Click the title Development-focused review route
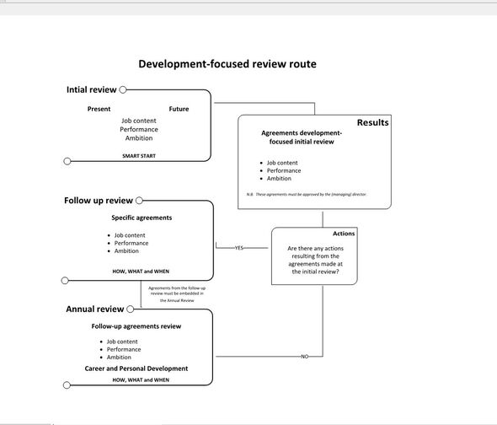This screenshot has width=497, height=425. [x=227, y=64]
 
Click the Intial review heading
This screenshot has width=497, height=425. [x=91, y=89]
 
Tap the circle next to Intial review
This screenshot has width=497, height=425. [x=123, y=89]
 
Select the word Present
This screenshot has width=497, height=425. [x=99, y=109]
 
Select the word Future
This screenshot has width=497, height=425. [x=179, y=109]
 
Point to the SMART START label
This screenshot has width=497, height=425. [x=139, y=156]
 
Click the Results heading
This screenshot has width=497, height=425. [x=372, y=122]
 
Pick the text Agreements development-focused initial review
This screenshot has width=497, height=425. [x=302, y=137]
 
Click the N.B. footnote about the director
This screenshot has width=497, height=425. [x=306, y=194]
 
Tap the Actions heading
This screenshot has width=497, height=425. [x=344, y=234]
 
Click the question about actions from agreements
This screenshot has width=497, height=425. [x=315, y=260]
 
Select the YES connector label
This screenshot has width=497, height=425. [x=239, y=248]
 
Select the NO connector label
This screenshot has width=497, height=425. [x=305, y=357]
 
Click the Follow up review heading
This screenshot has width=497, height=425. [x=99, y=201]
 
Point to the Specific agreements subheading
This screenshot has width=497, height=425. [x=142, y=218]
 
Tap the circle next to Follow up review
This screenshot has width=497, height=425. [x=139, y=201]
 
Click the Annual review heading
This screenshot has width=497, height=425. [x=95, y=309]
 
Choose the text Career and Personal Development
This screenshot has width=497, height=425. [x=136, y=369]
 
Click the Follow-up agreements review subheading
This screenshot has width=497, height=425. [x=136, y=326]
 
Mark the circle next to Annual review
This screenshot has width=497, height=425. [x=130, y=309]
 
